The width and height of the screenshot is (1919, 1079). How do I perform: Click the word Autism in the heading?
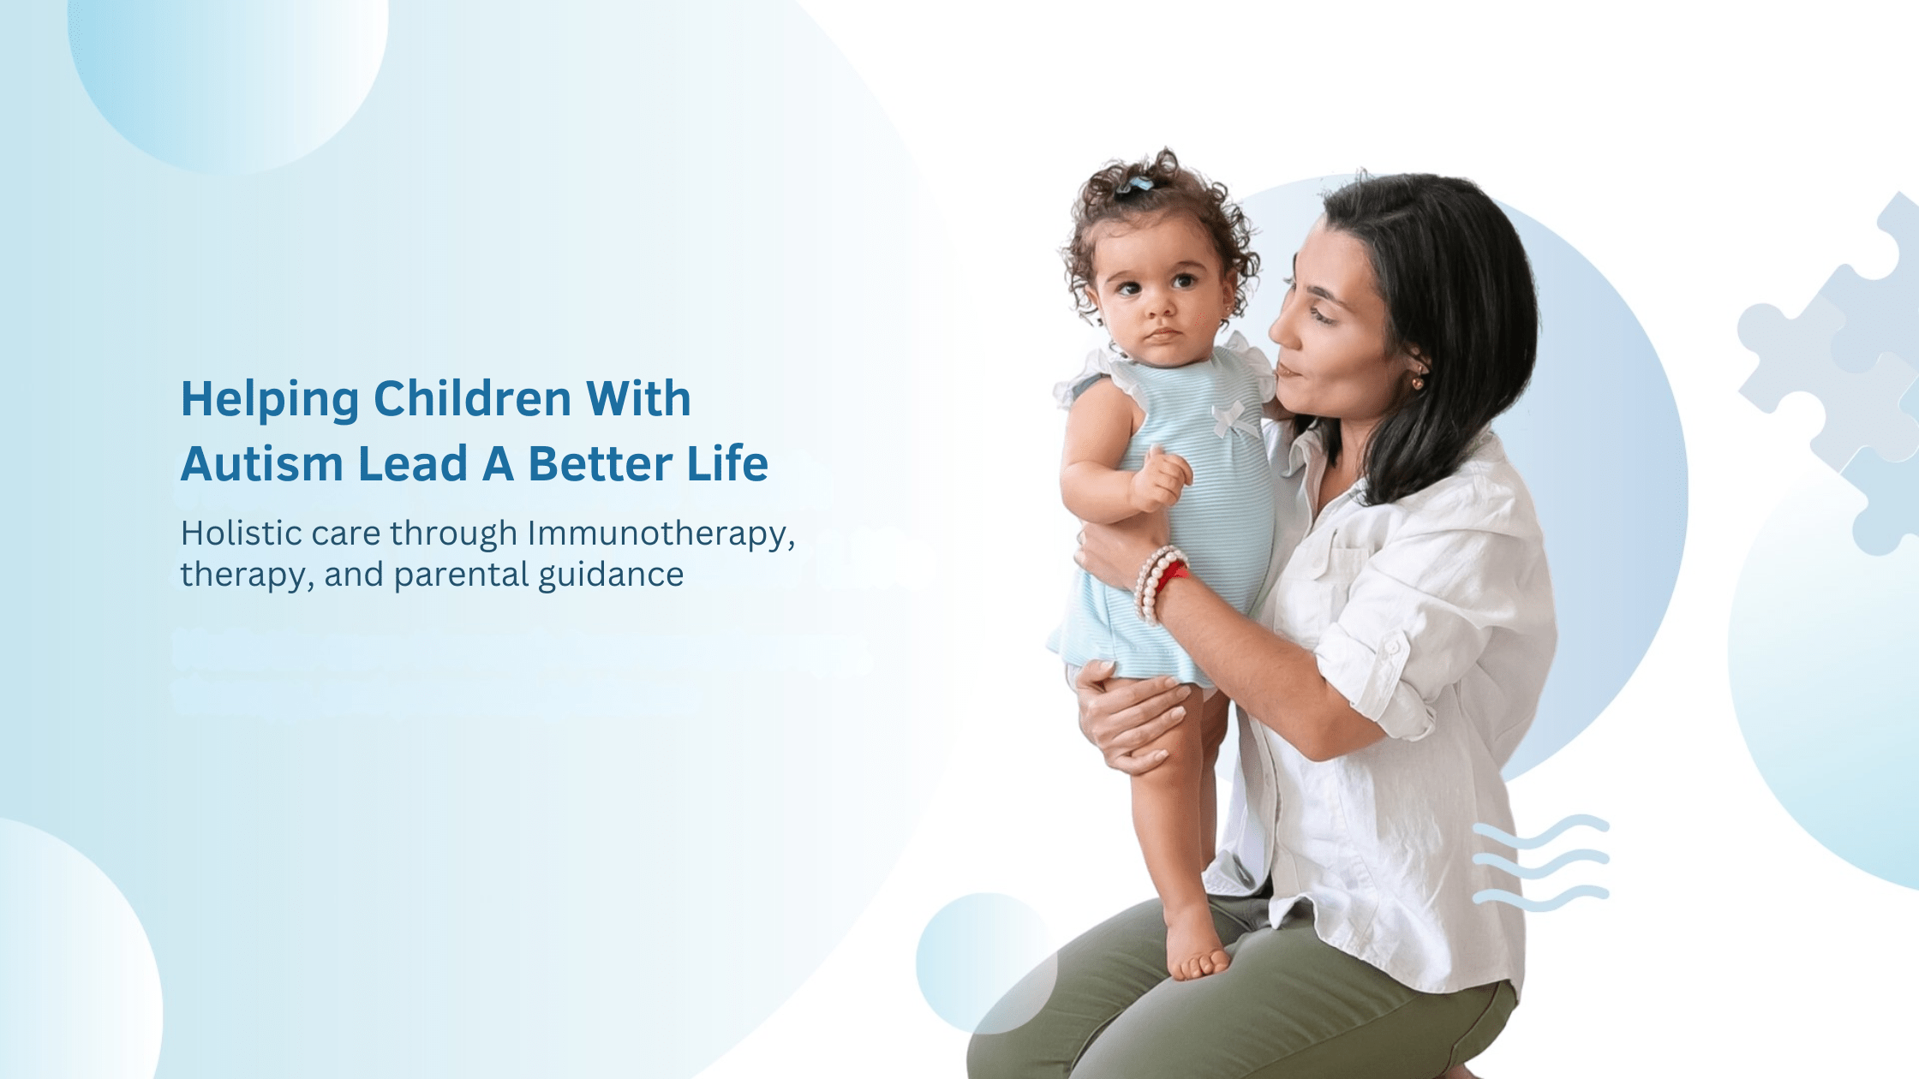tap(262, 464)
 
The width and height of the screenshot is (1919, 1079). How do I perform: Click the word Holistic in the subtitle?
tap(241, 533)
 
